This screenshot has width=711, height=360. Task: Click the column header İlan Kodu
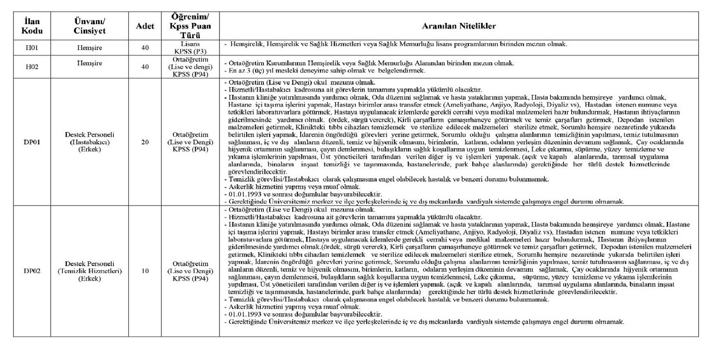point(32,26)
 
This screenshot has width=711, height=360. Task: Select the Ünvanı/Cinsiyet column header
point(89,26)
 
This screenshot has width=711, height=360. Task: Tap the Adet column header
point(145,26)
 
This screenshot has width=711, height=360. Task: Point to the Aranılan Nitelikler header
point(459,26)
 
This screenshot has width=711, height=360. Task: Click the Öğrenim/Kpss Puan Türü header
point(190,26)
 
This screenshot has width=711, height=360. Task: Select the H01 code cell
point(32,48)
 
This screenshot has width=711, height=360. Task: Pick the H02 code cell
point(32,67)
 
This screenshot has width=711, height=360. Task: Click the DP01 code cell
point(32,142)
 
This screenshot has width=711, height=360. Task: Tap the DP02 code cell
point(32,271)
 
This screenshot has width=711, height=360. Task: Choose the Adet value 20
point(145,142)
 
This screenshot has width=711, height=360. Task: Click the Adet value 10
point(145,271)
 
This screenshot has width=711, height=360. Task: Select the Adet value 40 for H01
point(145,48)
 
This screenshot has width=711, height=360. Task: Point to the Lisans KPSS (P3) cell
point(190,48)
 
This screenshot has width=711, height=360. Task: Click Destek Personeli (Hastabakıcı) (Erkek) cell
point(89,142)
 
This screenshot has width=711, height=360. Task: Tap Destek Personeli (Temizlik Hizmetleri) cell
point(89,271)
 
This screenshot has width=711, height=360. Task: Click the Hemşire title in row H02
point(89,63)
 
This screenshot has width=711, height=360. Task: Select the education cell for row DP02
point(190,271)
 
